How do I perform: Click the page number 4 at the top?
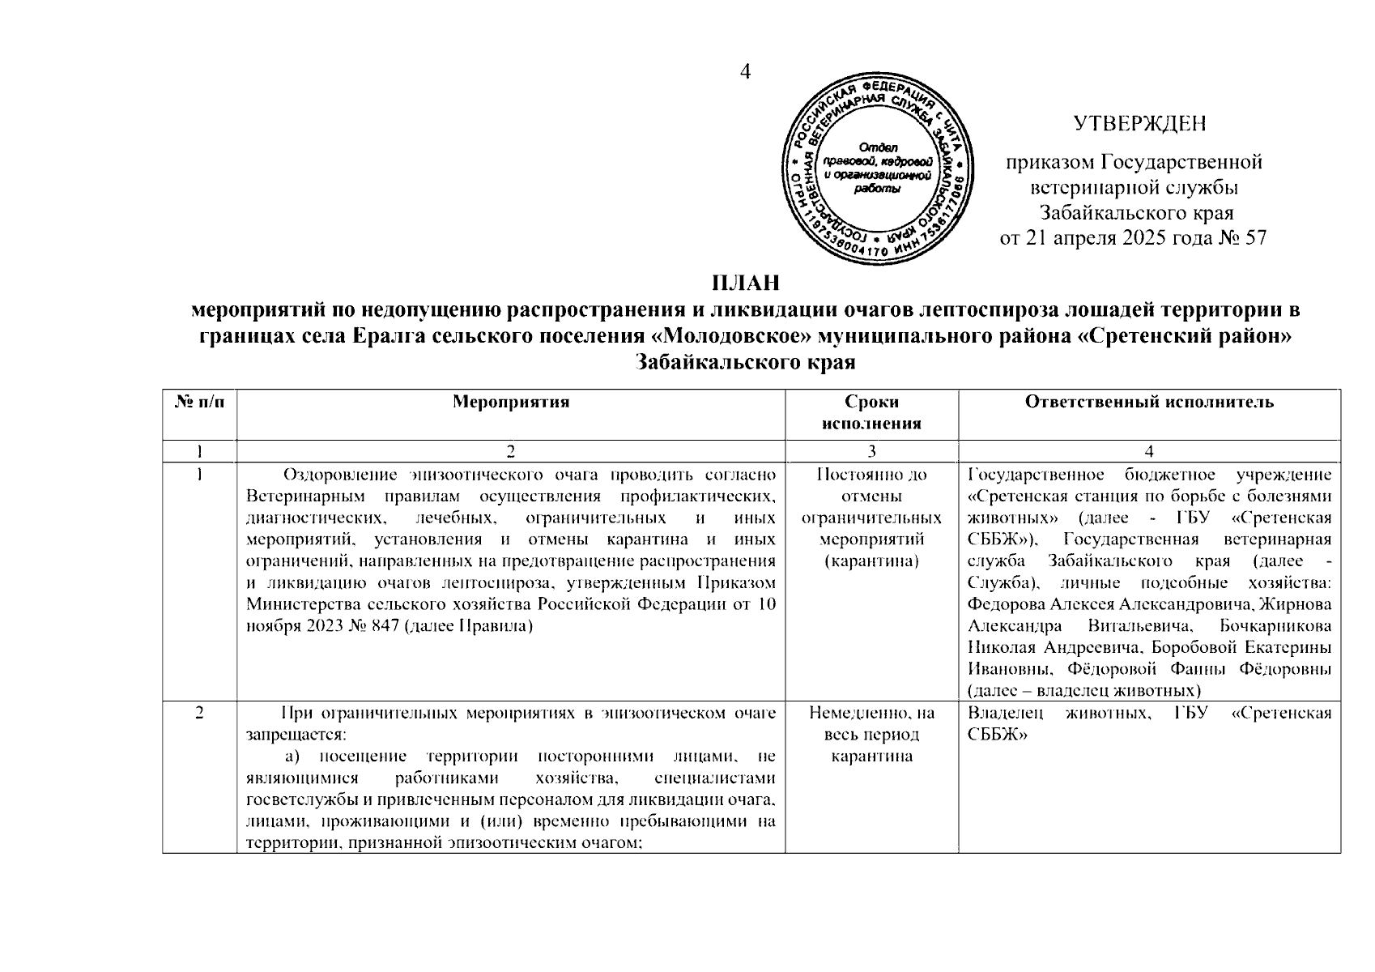(x=746, y=72)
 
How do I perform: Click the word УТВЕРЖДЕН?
(x=1139, y=124)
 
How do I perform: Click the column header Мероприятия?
(x=511, y=402)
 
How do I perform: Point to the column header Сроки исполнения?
(x=871, y=412)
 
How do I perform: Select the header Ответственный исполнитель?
(x=1149, y=402)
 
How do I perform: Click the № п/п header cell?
(x=199, y=402)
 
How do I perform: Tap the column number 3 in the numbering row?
(x=871, y=452)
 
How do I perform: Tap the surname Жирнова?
(x=1295, y=604)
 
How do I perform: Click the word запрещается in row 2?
(x=295, y=735)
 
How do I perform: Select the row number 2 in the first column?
(x=199, y=714)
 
